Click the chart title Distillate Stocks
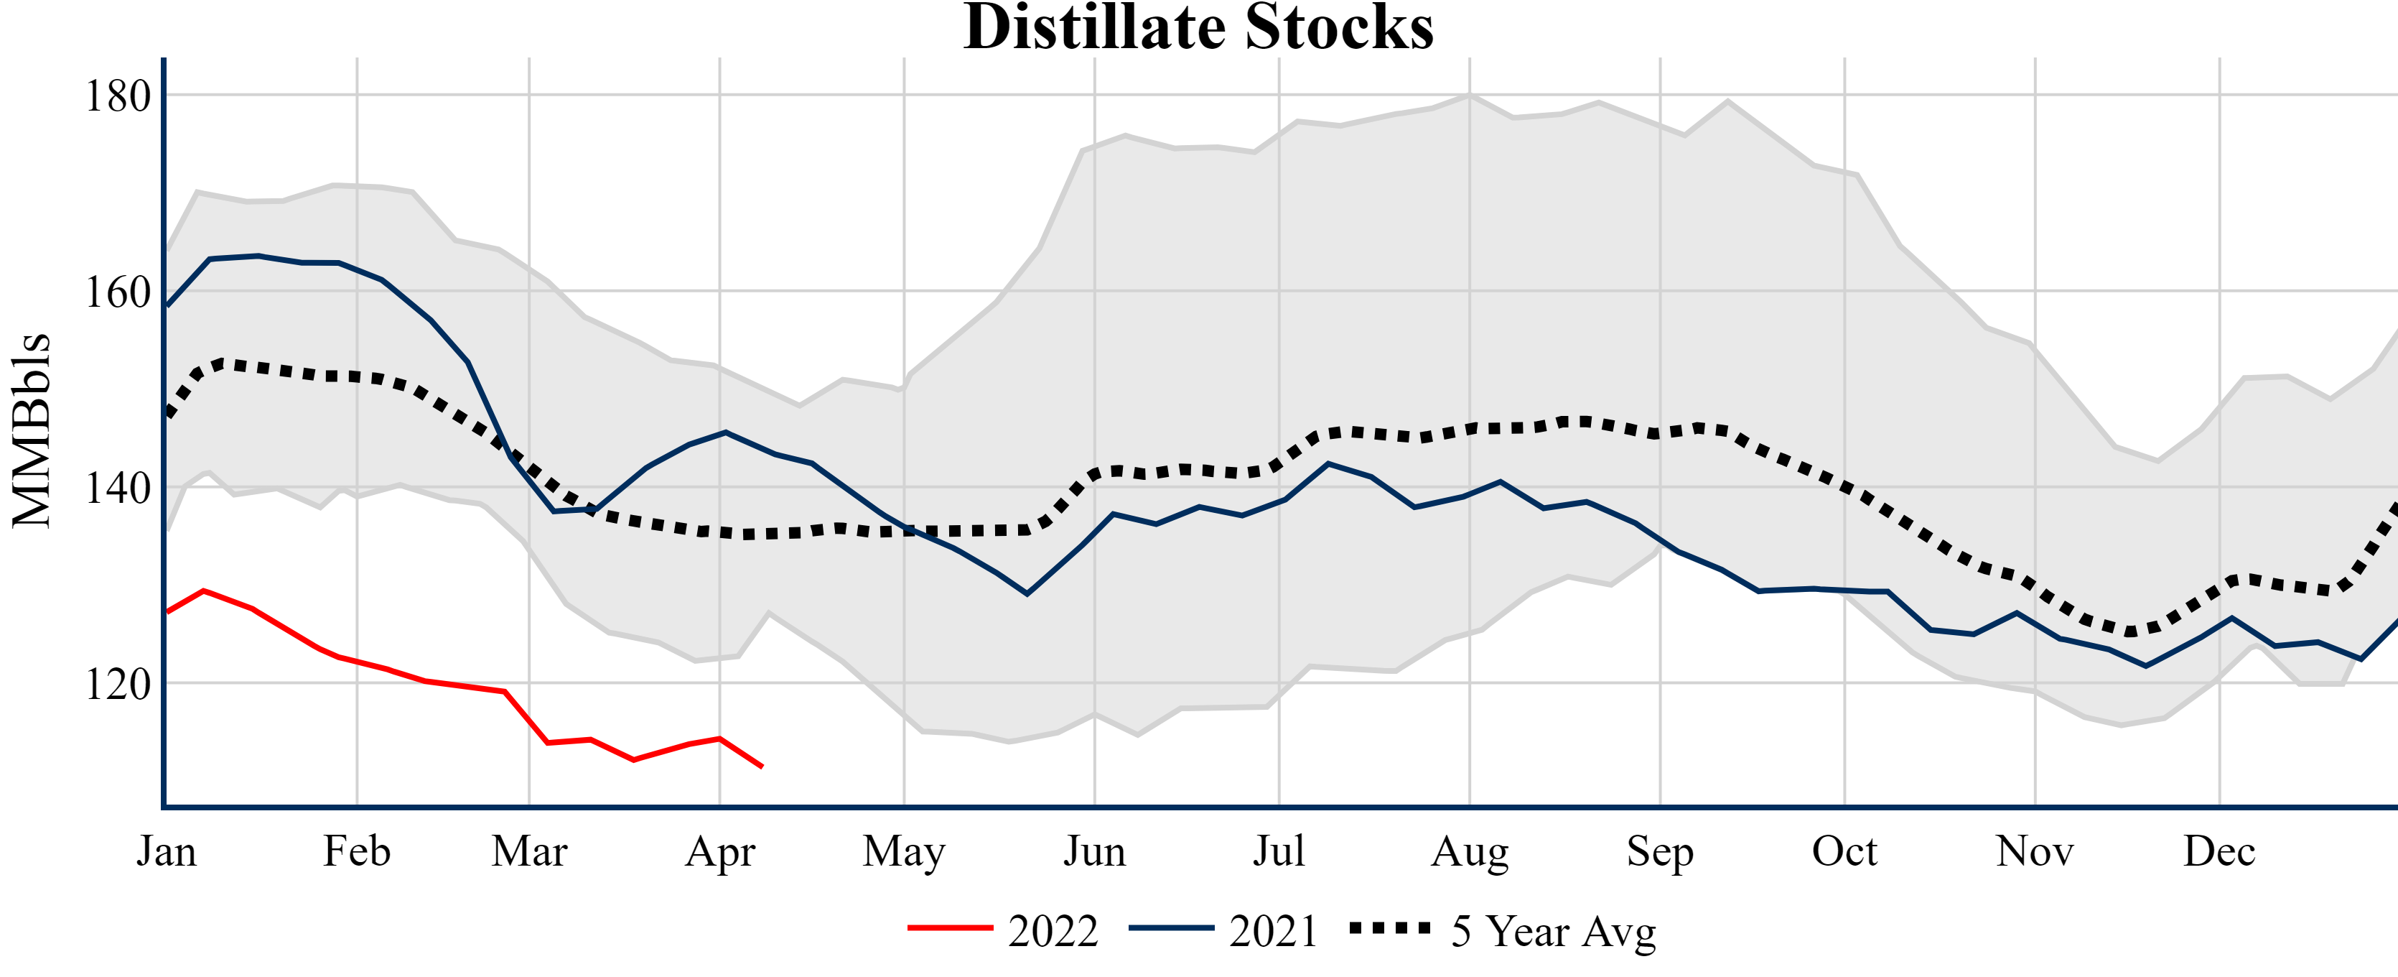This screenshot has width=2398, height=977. [x=1198, y=28]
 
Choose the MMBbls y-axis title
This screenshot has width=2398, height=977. [x=32, y=430]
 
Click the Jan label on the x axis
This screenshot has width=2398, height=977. [x=167, y=851]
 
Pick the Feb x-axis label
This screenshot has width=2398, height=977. [x=357, y=851]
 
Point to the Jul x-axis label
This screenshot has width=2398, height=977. [x=1279, y=851]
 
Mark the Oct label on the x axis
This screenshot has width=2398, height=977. [x=1844, y=851]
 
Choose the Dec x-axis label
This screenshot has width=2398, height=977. [x=2219, y=851]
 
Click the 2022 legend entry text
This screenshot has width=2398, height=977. [x=1053, y=931]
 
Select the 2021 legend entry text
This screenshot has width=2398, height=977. [x=1274, y=931]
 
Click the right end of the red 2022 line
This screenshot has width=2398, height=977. [x=762, y=767]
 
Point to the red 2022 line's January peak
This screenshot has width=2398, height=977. [x=204, y=591]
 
